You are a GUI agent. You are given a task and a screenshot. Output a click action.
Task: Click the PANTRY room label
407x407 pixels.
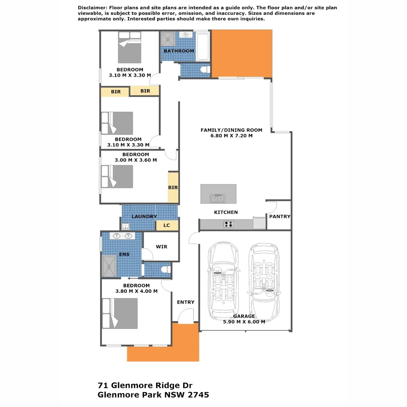[x=280, y=217]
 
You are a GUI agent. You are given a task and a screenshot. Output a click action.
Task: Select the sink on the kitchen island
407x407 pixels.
[x=217, y=198]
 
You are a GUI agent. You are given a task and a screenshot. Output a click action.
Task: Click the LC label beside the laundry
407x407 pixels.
[x=167, y=225]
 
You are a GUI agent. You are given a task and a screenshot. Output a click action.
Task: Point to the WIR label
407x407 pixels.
[x=161, y=247]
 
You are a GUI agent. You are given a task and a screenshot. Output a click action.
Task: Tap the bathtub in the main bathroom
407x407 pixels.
[x=203, y=47]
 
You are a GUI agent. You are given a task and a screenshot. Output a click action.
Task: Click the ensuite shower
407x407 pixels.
[x=109, y=266]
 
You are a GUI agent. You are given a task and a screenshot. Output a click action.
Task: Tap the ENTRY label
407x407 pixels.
[x=186, y=302]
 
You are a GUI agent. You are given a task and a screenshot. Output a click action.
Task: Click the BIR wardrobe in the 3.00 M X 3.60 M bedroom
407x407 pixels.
[x=173, y=187]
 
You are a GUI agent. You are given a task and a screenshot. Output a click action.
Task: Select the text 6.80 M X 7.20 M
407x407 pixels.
[x=231, y=136]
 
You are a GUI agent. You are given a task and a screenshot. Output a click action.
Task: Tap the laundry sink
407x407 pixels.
[x=125, y=226]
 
